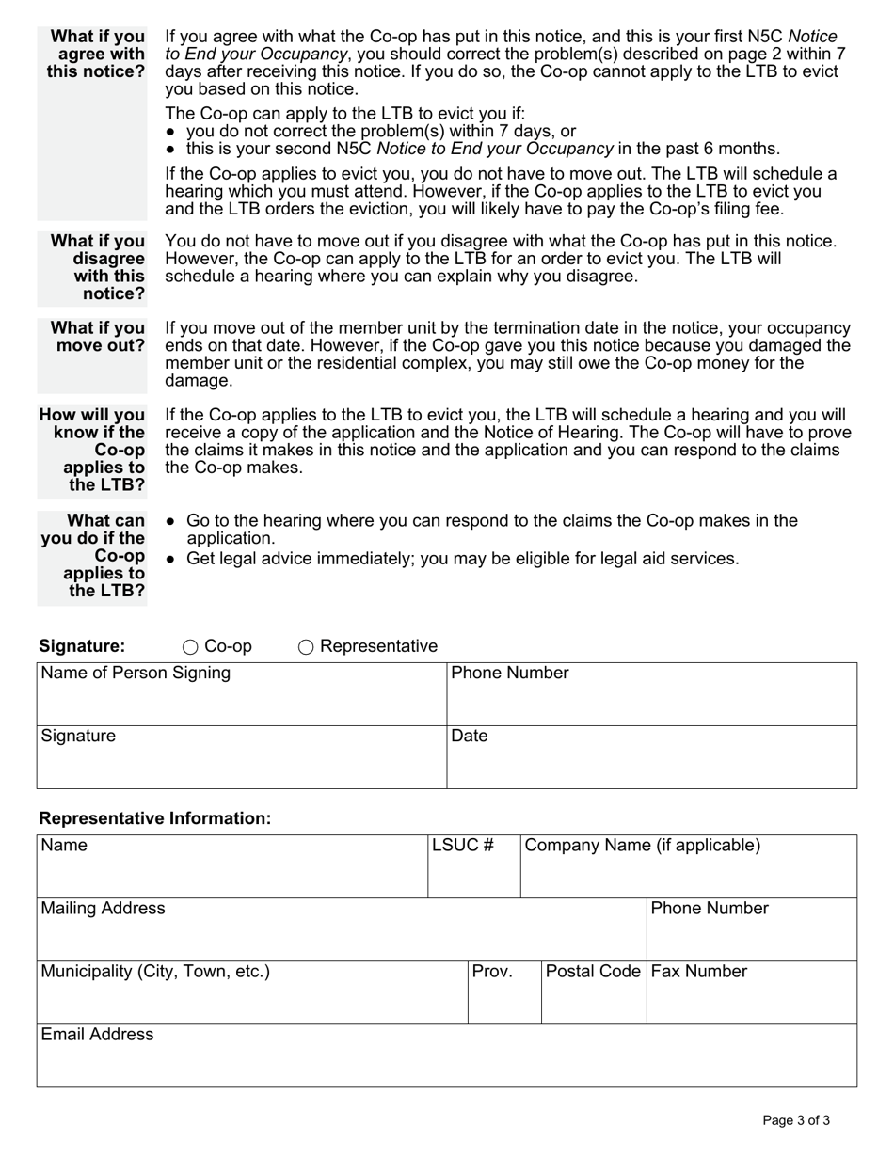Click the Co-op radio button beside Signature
(190, 647)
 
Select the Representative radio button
(306, 647)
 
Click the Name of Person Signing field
(241, 701)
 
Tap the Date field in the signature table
(651, 763)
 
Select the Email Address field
(446, 1062)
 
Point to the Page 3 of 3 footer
(796, 1120)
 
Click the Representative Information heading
(154, 818)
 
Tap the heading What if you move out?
(97, 337)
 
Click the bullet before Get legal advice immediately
(170, 560)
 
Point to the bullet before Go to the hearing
(170, 521)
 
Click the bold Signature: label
(82, 646)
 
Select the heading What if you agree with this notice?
(96, 55)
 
